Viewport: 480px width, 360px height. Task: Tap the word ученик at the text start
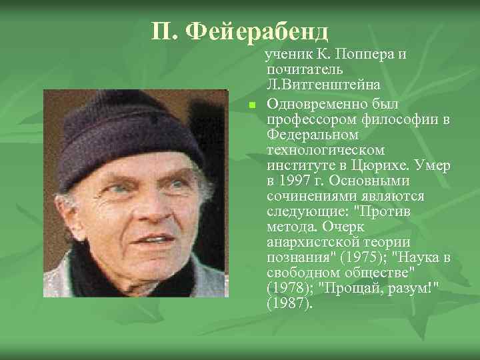(287, 54)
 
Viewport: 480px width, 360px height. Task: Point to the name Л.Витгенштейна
(323, 85)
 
